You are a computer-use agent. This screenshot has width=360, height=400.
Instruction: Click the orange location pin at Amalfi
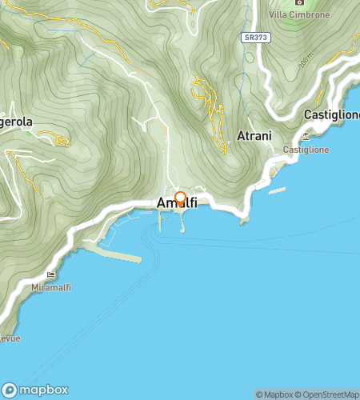[180, 198]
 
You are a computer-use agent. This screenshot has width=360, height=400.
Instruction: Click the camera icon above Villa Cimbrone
[299, 2]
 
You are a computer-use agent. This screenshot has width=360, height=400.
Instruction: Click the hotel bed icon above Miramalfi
[52, 275]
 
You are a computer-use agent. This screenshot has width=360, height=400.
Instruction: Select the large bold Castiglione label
[332, 115]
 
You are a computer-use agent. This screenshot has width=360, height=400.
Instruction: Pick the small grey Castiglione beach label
[307, 150]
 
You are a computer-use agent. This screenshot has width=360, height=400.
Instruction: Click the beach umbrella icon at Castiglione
[306, 137]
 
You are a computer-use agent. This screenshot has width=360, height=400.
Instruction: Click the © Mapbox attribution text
[274, 394]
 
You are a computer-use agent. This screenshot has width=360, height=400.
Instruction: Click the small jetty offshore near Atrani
[277, 190]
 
